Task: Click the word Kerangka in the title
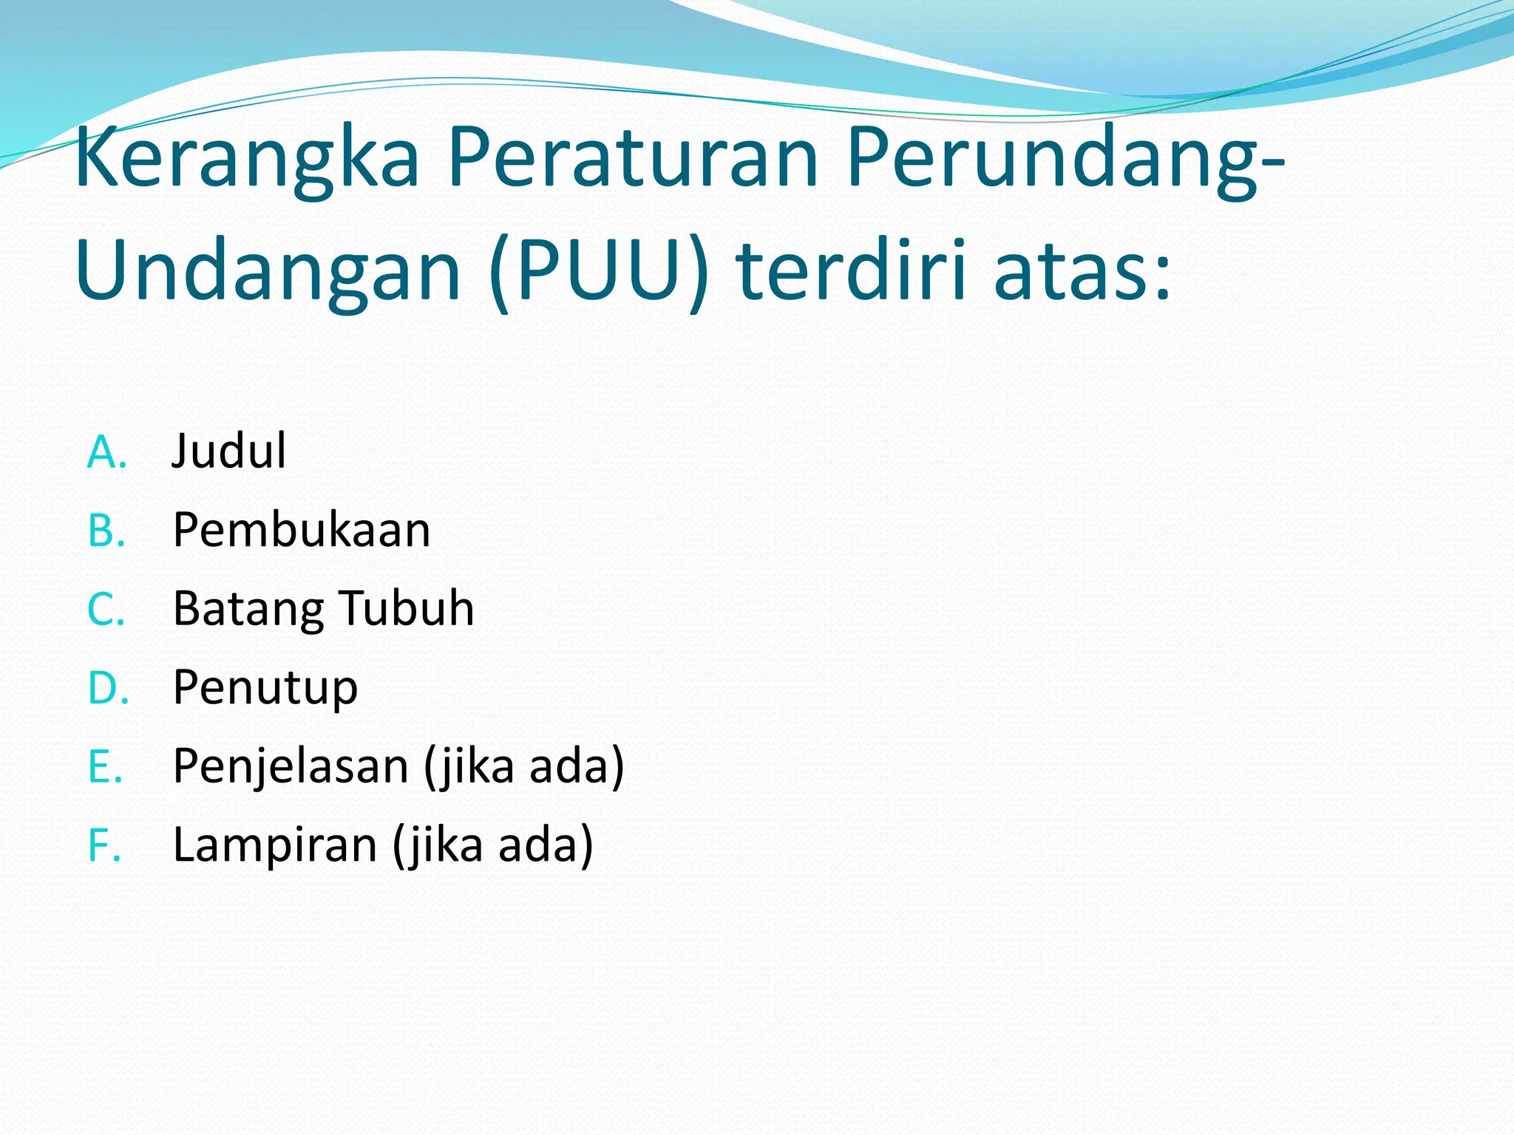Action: tap(247, 159)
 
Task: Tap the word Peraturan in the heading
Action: tap(633, 159)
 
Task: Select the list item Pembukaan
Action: tap(302, 530)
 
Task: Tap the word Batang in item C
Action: tap(248, 610)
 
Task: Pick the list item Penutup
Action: tap(265, 689)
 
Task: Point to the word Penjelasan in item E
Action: tap(291, 766)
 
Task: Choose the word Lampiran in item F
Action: tap(275, 845)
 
